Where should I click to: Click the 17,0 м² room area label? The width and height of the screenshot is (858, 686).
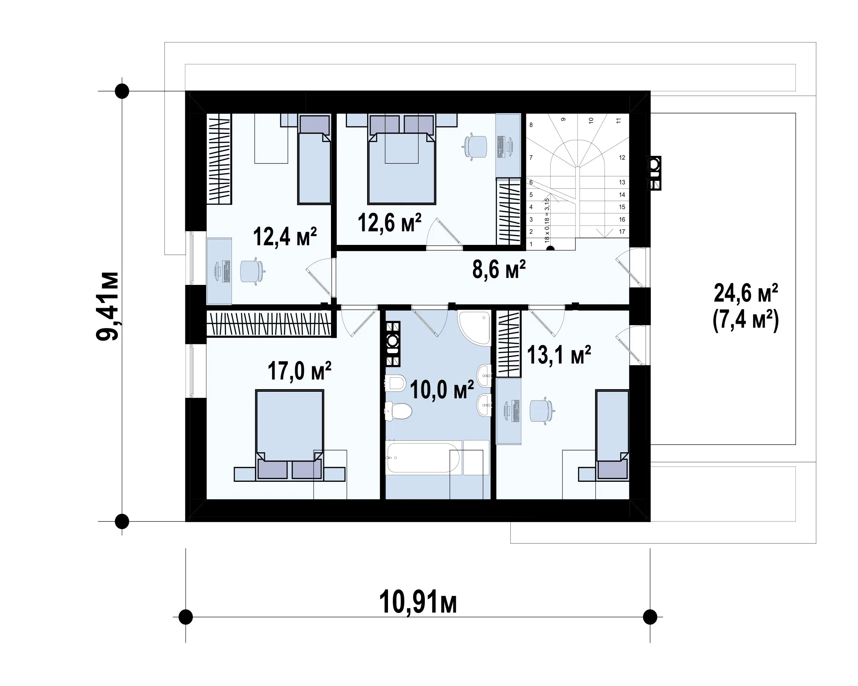pos(299,371)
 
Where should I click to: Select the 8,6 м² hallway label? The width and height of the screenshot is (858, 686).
pos(499,269)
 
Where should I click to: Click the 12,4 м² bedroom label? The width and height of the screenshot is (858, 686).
pos(285,237)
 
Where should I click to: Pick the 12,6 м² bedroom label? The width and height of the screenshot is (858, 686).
pos(390,222)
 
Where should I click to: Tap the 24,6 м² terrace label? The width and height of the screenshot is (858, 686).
pos(746,294)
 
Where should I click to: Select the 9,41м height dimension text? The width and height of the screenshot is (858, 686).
pos(108,306)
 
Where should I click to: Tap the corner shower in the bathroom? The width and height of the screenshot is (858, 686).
pos(474,328)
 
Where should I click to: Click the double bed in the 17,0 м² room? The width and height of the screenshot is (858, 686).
pos(289,435)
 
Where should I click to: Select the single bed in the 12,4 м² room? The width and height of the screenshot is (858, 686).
pos(314,159)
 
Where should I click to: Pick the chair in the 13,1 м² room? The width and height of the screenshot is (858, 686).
pos(542,410)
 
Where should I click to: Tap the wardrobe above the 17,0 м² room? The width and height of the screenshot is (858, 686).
pos(269,323)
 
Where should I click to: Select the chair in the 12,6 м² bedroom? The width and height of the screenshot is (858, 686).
pos(475,147)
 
